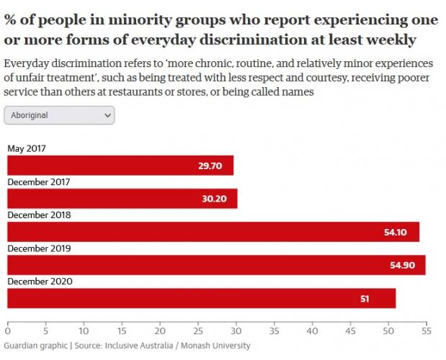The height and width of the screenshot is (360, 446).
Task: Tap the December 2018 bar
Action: point(213,232)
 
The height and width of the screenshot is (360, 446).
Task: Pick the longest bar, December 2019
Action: point(216,265)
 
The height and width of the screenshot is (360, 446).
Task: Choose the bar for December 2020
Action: point(201,298)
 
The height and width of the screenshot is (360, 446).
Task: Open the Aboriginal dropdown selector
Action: point(59,114)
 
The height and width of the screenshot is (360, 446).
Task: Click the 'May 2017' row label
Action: point(27,148)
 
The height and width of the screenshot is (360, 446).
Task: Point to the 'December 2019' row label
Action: point(39,248)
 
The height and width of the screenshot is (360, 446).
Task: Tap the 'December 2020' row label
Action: point(39,281)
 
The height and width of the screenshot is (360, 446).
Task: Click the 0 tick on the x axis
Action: point(7,331)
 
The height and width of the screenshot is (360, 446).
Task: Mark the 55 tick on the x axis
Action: point(426,331)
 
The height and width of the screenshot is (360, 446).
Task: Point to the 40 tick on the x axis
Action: point(312,331)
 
